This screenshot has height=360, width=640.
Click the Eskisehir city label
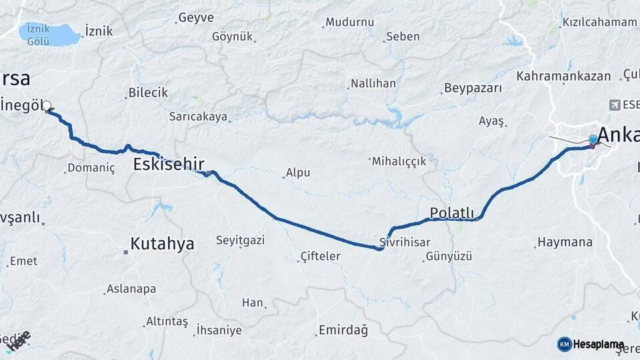pos(169,164)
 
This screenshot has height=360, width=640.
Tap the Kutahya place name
pos(162,244)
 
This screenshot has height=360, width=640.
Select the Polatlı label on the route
pos(451,213)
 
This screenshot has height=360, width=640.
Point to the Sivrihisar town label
pos(405,242)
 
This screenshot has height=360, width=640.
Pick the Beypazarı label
pos(472,89)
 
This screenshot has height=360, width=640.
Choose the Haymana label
pos(565,242)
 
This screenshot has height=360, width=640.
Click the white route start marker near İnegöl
pos(48,106)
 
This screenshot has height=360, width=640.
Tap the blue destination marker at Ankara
pos(593,140)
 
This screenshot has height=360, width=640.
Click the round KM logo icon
pos(564,344)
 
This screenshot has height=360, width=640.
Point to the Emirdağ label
pos(343,330)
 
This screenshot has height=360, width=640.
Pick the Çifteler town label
pos(321,256)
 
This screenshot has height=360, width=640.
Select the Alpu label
pos(298,173)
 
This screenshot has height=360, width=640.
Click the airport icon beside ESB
pos(614,105)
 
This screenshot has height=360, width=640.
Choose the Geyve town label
pos(197,18)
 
